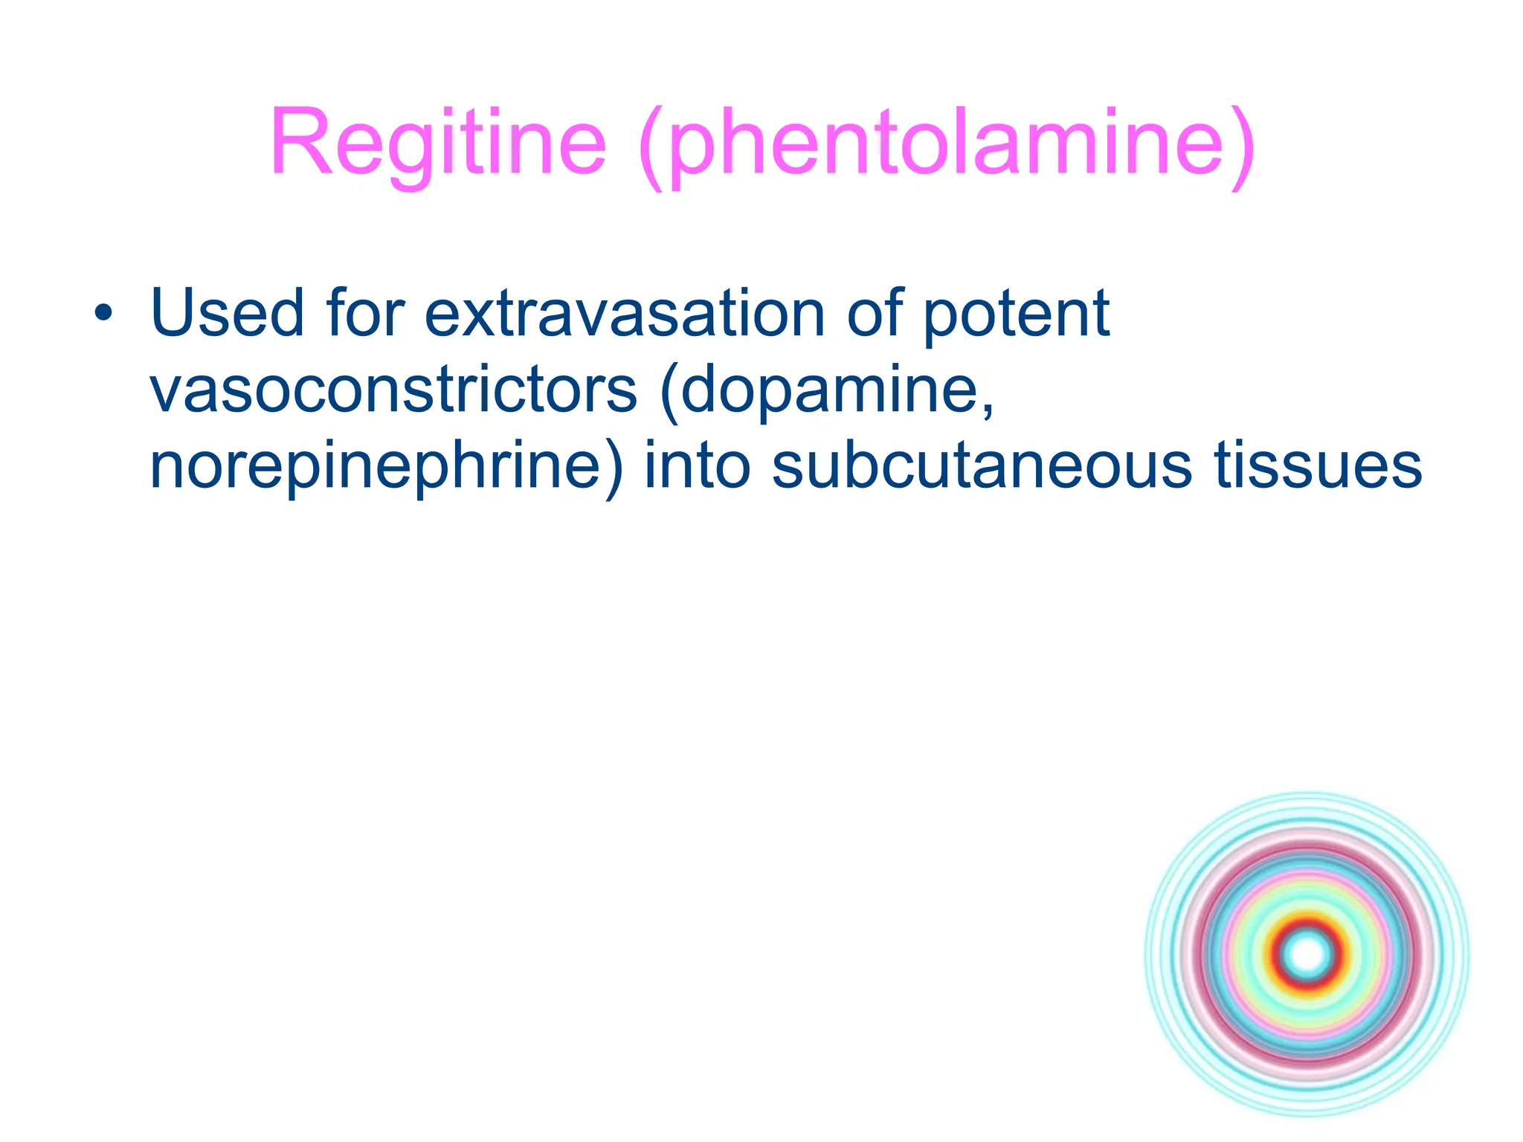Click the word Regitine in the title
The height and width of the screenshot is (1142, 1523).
[438, 143]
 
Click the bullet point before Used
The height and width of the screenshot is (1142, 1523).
[103, 314]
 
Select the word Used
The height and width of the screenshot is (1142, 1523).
[227, 314]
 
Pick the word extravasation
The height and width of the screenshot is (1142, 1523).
[625, 314]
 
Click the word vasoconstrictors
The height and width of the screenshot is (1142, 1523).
[393, 390]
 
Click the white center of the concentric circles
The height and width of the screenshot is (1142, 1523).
[1307, 955]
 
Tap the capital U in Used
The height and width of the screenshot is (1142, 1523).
[176, 314]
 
